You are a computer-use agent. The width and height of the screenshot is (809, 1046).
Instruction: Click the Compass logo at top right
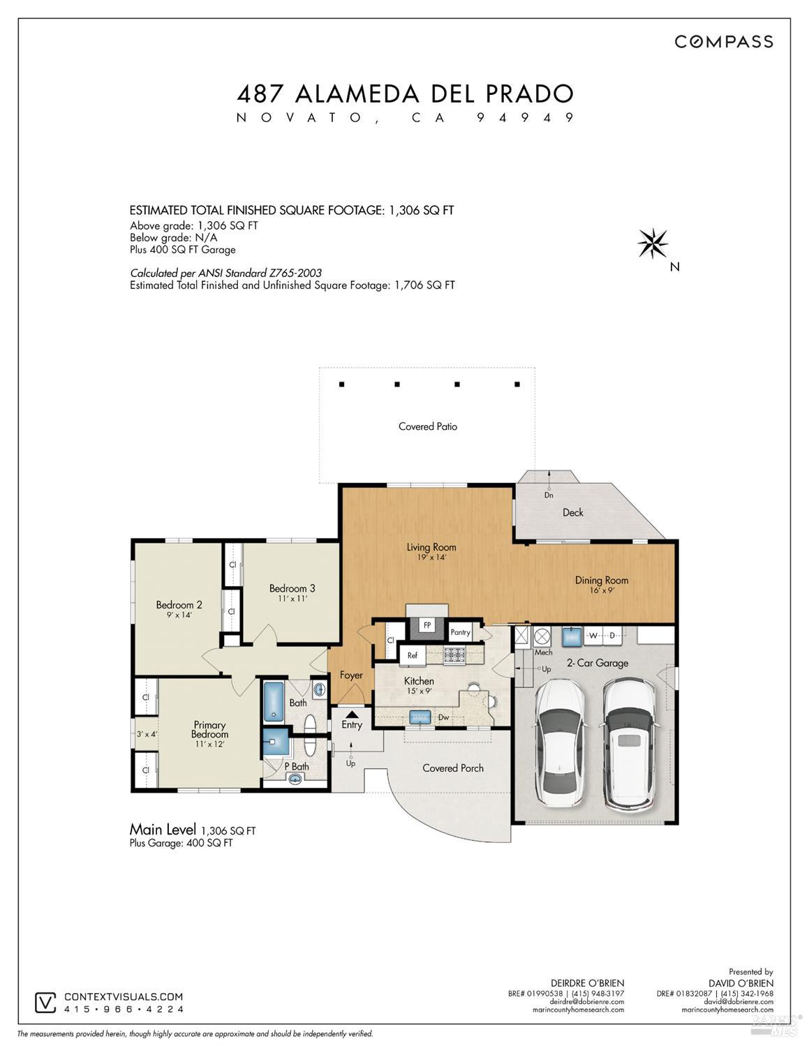[723, 42]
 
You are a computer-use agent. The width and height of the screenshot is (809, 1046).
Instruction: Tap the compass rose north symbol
[653, 244]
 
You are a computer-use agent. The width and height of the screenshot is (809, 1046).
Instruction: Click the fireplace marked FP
[426, 625]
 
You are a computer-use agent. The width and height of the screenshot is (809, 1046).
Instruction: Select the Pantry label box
[460, 632]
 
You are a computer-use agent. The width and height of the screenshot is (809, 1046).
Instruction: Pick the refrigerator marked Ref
[412, 655]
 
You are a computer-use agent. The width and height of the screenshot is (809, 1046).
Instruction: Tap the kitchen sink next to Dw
[419, 716]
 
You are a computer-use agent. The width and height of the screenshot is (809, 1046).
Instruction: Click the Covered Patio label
[427, 426]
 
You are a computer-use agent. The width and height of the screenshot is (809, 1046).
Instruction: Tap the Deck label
[572, 512]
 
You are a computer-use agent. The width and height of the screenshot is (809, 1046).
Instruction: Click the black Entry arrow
[351, 714]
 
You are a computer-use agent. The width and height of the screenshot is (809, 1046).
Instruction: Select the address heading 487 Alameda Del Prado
[405, 94]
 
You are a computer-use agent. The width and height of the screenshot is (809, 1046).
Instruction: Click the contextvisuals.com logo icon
[45, 1003]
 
